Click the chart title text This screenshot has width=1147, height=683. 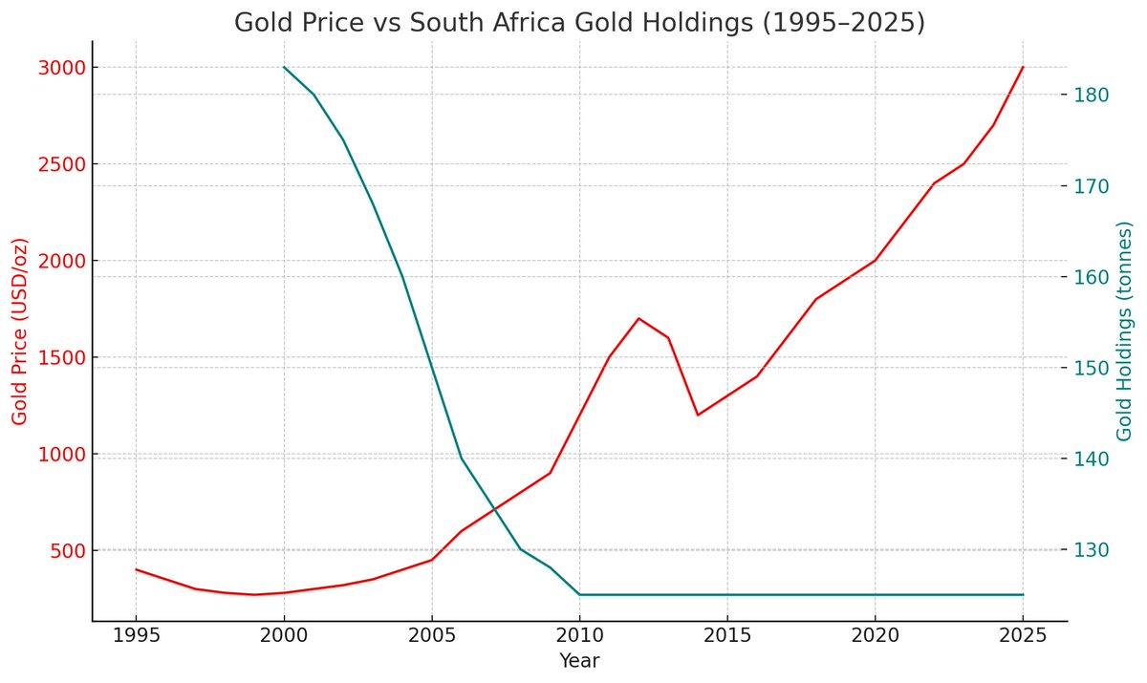coord(579,22)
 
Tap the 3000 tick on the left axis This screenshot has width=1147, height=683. coord(62,68)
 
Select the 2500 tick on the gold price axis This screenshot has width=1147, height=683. coord(62,164)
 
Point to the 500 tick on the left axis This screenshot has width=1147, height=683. coord(67,551)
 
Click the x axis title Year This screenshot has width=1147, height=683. coord(579,661)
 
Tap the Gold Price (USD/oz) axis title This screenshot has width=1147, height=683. coord(20,331)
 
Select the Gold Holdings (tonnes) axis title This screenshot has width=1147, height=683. coord(1124,331)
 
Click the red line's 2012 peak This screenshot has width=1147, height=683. coord(638,318)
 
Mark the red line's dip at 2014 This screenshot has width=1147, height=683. coord(698,415)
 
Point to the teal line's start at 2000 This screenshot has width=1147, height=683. coord(284,67)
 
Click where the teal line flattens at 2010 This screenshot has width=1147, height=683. coord(579,594)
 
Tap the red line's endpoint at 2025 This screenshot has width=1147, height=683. coord(1023,67)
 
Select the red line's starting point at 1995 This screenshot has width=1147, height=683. coord(136,569)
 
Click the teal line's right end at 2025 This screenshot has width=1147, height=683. coord(1023,594)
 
